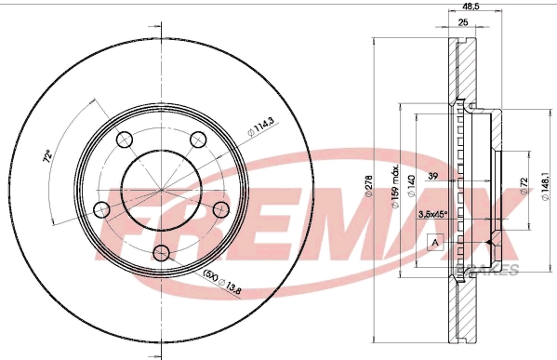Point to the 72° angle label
[x=47, y=157]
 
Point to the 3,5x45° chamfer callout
[x=433, y=216]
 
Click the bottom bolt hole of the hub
[x=161, y=251]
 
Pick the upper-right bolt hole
[x=196, y=141]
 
